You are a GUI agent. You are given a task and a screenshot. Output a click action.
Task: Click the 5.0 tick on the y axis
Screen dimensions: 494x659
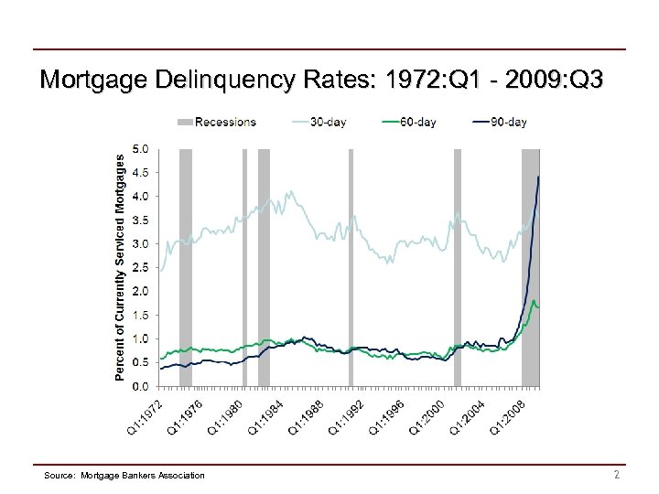point(142,148)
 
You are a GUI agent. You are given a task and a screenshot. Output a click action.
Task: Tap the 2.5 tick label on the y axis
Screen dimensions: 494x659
point(142,267)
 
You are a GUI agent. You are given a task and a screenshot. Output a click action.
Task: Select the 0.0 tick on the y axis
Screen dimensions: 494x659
point(142,387)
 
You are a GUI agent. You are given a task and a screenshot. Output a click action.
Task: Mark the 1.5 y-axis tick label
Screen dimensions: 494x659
point(142,315)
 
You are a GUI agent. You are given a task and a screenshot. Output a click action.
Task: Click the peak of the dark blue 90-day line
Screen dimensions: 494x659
point(539,177)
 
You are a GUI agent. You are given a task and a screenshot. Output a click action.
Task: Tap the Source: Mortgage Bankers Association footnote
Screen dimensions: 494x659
point(124,474)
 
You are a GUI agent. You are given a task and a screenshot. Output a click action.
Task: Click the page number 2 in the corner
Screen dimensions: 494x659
point(617,473)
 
